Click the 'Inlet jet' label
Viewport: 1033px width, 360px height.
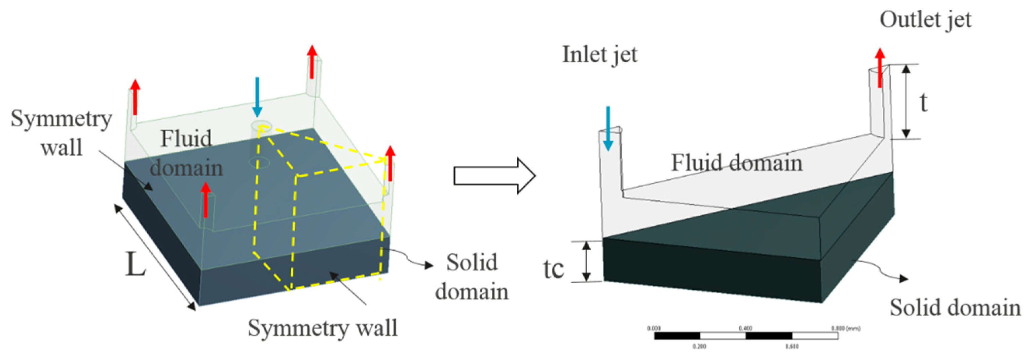pos(599,55)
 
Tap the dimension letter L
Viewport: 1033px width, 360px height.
pos(135,264)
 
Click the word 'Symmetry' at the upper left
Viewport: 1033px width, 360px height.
pos(61,119)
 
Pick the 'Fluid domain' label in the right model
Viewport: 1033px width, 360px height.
pos(737,163)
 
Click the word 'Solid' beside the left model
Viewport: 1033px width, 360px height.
pos(472,263)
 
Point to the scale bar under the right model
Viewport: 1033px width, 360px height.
pos(746,335)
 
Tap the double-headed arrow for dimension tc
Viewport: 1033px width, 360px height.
pos(586,261)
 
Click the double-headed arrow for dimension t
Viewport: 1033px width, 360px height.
pos(906,102)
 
